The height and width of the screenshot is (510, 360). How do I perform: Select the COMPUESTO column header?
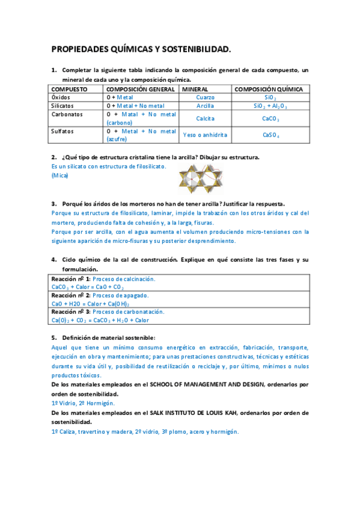point(70,89)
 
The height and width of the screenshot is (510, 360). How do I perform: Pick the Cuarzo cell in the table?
point(205,97)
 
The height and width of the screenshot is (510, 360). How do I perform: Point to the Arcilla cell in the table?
point(205,106)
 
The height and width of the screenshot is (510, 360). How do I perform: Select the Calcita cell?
point(205,118)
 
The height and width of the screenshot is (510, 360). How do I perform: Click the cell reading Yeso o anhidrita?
point(205,135)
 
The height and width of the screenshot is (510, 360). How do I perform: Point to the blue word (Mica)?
point(60,176)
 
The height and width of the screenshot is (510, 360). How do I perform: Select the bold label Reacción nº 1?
point(71,279)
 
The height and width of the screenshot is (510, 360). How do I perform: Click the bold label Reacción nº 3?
point(71,312)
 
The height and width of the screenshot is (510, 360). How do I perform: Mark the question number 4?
point(53,260)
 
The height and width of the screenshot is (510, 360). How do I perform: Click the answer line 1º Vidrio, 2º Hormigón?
point(83,403)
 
